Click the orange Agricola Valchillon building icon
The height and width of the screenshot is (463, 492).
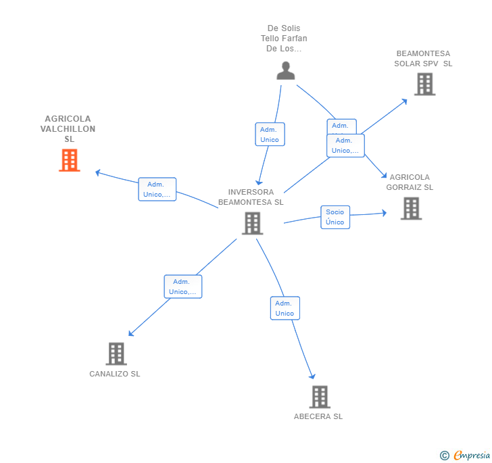(70, 160)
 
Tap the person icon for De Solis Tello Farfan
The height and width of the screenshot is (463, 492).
(286, 70)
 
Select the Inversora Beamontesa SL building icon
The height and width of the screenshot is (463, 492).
(252, 223)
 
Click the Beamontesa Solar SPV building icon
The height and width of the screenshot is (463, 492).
(424, 84)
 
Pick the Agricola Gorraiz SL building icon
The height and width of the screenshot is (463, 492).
(411, 208)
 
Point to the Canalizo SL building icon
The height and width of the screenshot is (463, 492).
(116, 354)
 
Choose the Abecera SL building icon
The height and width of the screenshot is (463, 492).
(320, 397)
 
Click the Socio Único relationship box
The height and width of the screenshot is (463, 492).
(335, 217)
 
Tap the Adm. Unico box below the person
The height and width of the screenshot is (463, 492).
(270, 134)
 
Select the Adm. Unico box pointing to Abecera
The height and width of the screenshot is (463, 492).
(285, 308)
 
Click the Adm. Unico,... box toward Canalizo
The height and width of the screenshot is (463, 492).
(183, 287)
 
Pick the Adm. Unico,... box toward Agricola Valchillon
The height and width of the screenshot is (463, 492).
(157, 189)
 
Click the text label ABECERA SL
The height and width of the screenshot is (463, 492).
(318, 416)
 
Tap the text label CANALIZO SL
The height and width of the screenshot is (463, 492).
(115, 374)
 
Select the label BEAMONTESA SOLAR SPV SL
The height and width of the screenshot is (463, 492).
(423, 58)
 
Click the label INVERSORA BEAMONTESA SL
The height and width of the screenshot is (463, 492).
(251, 197)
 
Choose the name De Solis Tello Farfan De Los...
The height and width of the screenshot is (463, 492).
(284, 39)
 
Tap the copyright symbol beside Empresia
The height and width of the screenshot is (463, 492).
(445, 456)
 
